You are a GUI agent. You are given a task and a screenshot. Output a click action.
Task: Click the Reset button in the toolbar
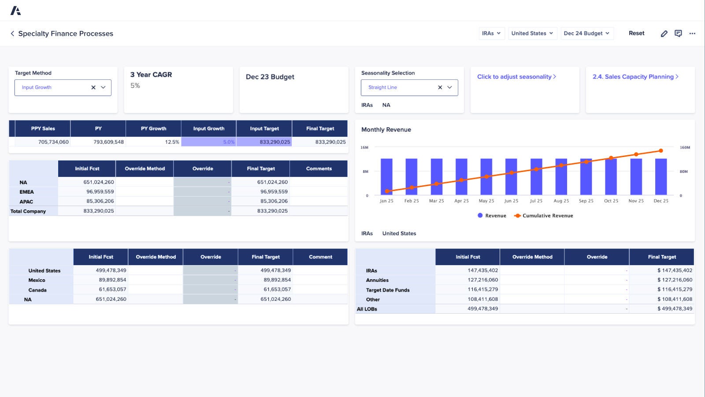tap(636, 33)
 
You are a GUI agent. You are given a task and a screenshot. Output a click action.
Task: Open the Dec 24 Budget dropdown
tap(586, 33)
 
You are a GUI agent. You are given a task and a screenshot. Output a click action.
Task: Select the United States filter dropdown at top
tap(532, 33)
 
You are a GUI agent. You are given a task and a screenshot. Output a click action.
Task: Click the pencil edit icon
tap(664, 34)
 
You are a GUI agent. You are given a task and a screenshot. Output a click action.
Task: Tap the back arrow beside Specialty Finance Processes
tap(12, 34)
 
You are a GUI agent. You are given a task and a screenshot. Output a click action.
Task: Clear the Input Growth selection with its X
tap(93, 87)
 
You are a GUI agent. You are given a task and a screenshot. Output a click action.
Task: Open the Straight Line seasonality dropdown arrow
tap(449, 87)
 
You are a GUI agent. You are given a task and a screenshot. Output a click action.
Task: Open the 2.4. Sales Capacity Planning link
tap(635, 77)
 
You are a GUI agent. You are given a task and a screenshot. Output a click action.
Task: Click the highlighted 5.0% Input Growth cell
tap(209, 142)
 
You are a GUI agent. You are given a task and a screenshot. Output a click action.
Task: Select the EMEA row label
tap(26, 192)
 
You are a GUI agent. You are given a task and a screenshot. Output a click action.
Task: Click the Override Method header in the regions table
tap(145, 169)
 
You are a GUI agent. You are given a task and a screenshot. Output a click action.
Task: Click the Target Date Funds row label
tap(388, 290)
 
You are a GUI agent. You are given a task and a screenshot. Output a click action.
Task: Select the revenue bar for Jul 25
tap(536, 176)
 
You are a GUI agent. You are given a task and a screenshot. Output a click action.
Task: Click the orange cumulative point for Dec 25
tap(661, 151)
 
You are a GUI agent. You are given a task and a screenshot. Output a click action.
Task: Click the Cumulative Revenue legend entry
tap(544, 216)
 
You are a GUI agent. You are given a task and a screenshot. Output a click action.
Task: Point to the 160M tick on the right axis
tap(685, 147)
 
